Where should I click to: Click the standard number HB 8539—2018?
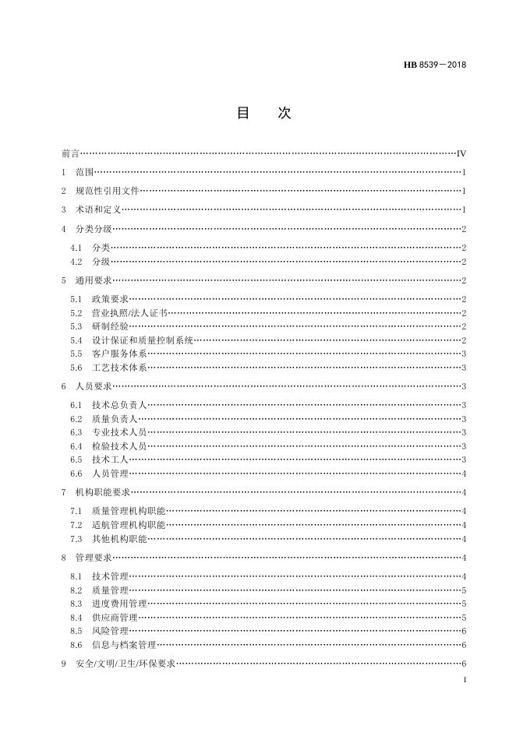[434, 65]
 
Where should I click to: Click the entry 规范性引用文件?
[107, 191]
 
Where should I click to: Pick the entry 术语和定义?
[97, 210]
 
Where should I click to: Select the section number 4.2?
[76, 262]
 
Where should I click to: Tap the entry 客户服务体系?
[119, 354]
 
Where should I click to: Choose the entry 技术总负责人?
[119, 405]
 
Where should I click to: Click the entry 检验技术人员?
[119, 446]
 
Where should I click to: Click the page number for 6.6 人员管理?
[464, 474]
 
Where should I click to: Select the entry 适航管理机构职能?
[129, 525]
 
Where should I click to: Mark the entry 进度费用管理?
[119, 604]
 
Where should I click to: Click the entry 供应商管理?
[115, 618]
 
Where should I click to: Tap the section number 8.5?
[76, 631]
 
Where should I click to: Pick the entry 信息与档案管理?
[124, 645]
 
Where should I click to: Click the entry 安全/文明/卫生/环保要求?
[125, 664]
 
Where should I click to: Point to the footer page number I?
[465, 681]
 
